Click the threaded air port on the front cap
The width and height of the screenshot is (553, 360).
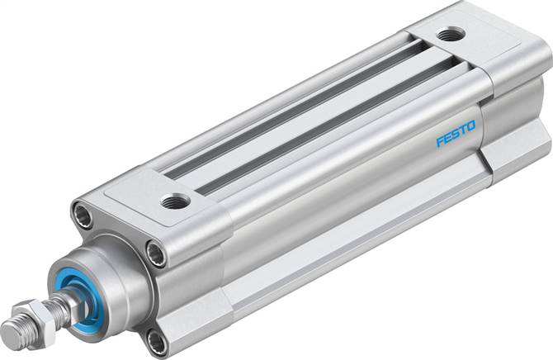click(175, 200)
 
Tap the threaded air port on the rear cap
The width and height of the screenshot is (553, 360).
click(451, 35)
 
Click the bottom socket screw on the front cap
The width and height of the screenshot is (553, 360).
click(156, 339)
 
